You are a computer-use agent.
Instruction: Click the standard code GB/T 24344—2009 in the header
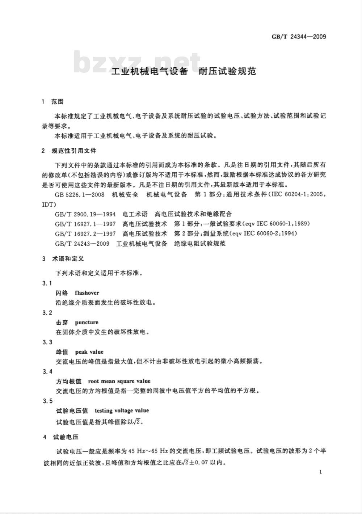(x=299, y=37)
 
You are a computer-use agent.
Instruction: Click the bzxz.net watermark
(x=138, y=62)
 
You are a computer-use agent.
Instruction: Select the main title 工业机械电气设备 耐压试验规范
(x=184, y=71)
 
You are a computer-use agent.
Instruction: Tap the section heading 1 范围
(x=53, y=102)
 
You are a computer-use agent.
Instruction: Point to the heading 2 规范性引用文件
(x=69, y=151)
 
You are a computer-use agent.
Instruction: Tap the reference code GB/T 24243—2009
(x=83, y=243)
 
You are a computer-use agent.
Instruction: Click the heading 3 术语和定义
(x=63, y=259)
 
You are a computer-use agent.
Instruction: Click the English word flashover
(x=87, y=292)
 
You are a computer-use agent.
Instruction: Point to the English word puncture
(x=87, y=322)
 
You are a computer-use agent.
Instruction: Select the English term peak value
(x=89, y=351)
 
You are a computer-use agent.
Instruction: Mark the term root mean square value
(x=119, y=381)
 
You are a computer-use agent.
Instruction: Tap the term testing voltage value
(x=122, y=410)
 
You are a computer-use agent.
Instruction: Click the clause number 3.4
(x=47, y=371)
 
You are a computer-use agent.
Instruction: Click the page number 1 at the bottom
(x=321, y=472)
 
